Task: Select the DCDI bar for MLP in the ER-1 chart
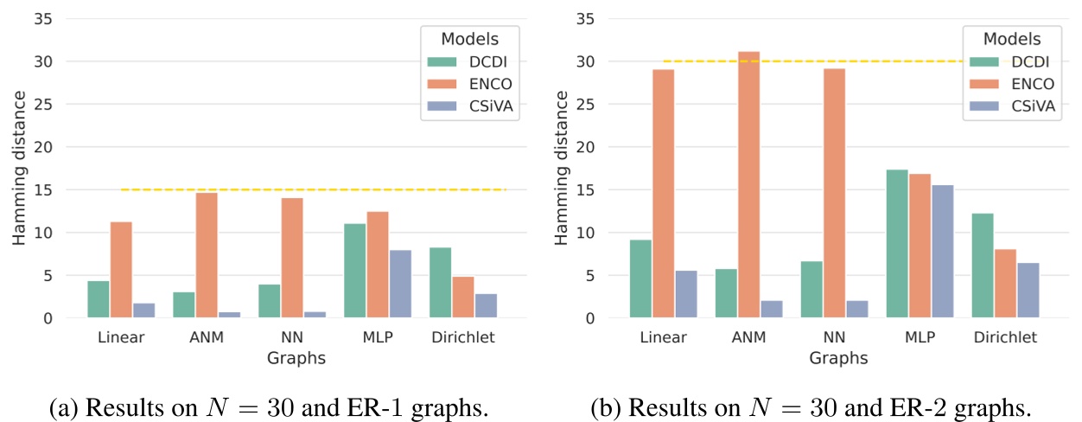(x=354, y=271)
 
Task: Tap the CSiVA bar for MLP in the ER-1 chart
(x=401, y=284)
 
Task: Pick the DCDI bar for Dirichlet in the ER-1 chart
(x=439, y=283)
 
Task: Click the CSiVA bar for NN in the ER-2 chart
(x=856, y=309)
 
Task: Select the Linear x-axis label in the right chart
(x=663, y=337)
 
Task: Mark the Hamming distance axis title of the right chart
(x=562, y=169)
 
